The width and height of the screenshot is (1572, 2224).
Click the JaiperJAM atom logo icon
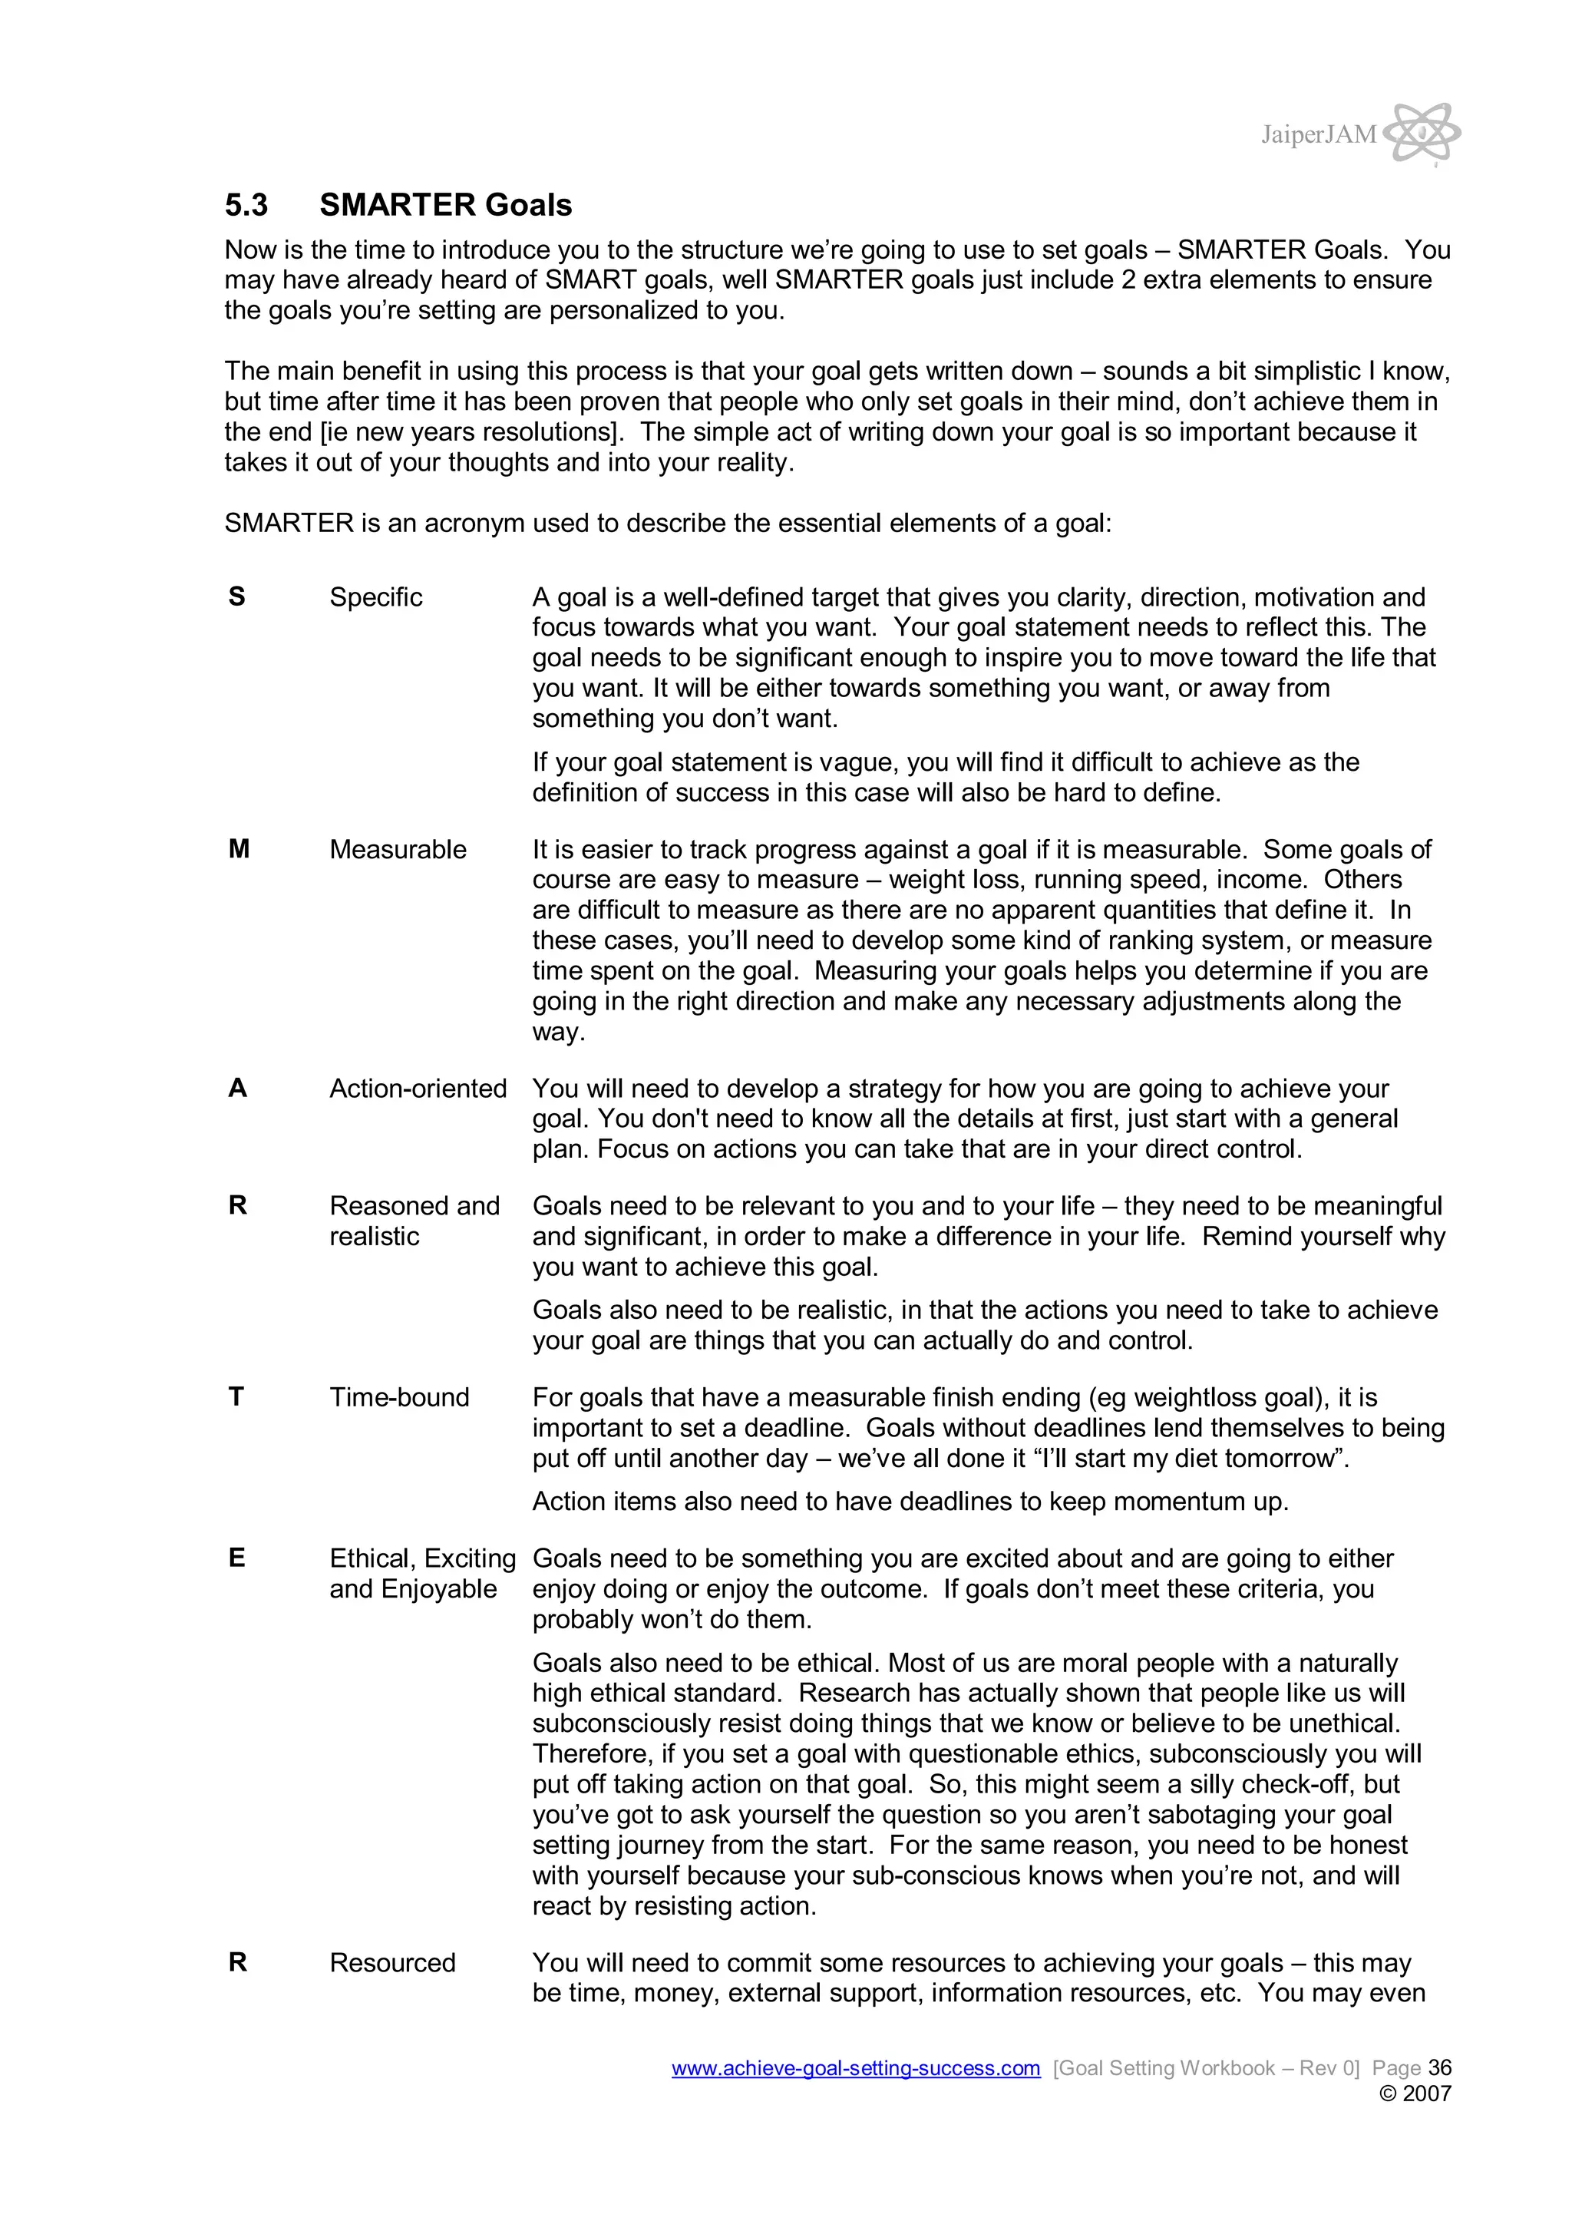(x=1422, y=133)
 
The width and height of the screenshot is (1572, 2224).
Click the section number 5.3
(x=246, y=205)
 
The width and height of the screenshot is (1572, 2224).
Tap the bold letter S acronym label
(x=236, y=596)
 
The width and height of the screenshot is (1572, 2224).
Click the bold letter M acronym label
(x=238, y=850)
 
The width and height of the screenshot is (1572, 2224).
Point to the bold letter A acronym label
(x=237, y=1089)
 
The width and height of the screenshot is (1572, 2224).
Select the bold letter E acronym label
(x=236, y=1558)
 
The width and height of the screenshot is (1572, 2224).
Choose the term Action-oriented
(x=418, y=1089)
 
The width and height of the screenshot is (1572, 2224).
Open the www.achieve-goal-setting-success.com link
(x=855, y=2068)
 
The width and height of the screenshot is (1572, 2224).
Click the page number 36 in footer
(x=1439, y=2067)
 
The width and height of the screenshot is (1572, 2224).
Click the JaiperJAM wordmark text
(x=1317, y=134)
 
